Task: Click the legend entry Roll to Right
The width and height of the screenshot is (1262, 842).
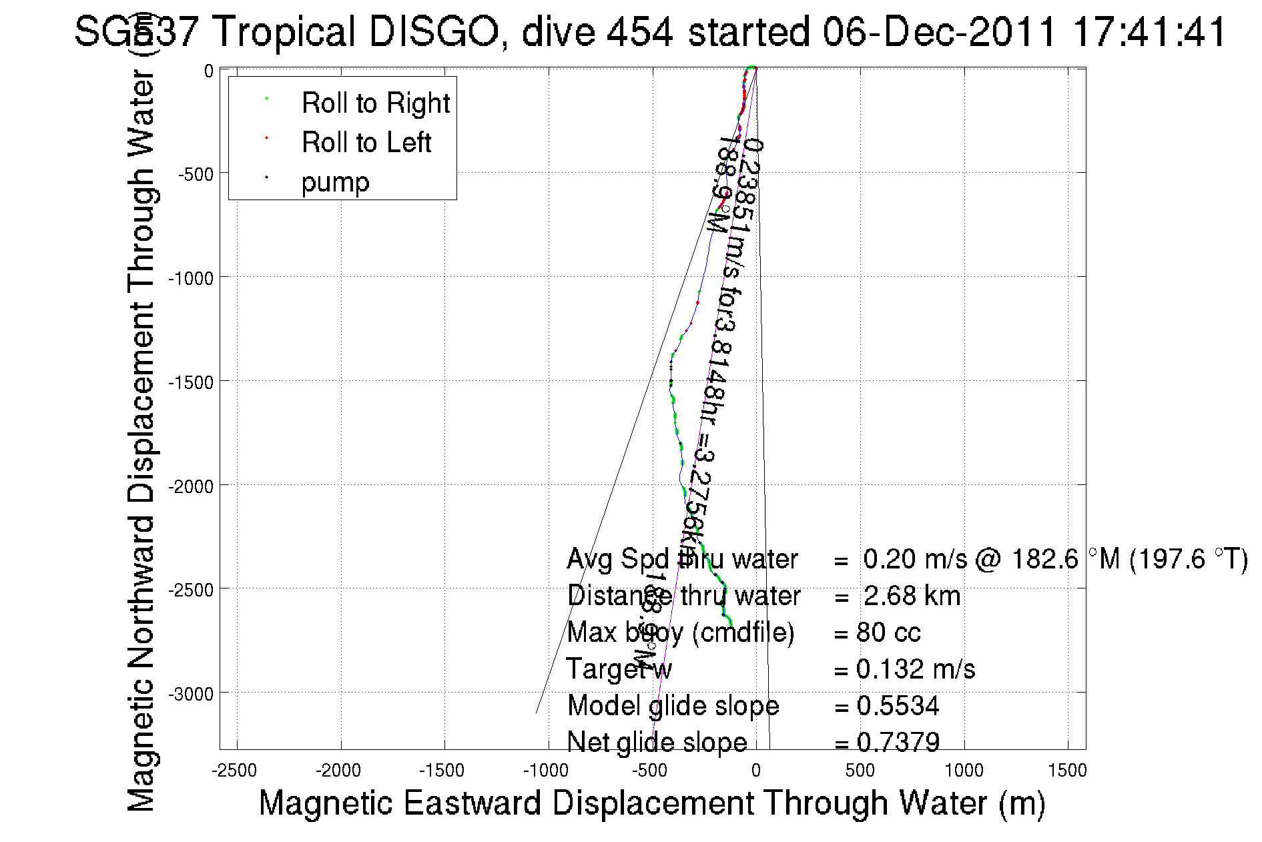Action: [376, 103]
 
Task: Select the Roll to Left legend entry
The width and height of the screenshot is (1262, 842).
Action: [366, 142]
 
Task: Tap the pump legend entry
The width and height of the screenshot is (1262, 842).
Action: [335, 181]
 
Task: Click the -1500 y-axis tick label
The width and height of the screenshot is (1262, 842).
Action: [191, 382]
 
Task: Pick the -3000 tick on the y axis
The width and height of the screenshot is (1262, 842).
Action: [191, 694]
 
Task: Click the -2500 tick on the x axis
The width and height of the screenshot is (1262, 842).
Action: [234, 771]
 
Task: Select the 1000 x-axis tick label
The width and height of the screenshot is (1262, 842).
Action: [964, 771]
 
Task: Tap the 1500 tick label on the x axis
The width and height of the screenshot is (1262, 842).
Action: [1067, 771]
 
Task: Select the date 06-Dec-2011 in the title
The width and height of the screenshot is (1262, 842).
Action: [940, 31]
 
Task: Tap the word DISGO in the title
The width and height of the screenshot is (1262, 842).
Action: [434, 31]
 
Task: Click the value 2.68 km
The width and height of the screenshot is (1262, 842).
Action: [912, 596]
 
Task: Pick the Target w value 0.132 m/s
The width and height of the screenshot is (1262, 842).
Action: [916, 669]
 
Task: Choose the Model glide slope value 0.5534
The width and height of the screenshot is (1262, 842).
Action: [898, 706]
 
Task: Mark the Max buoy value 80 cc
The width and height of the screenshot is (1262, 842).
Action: [888, 633]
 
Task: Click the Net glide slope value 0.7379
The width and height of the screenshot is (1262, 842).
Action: [898, 742]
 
